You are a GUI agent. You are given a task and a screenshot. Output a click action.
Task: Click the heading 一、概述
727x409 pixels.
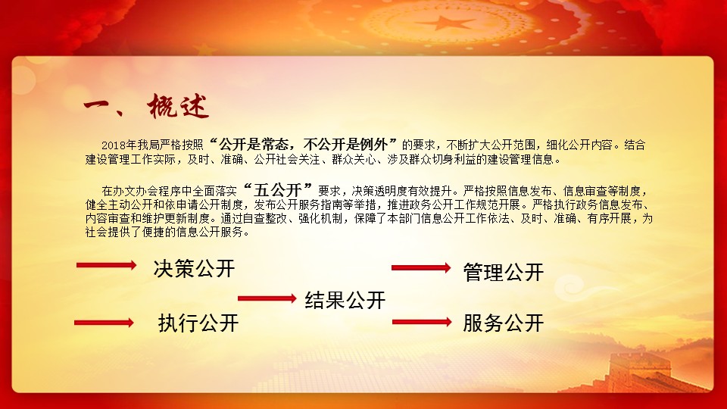146,107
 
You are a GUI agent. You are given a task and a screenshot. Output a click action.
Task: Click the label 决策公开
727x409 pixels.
195,268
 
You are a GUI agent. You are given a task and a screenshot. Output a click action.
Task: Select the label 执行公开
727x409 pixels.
198,323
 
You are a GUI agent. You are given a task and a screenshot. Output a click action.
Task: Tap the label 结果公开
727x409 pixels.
345,300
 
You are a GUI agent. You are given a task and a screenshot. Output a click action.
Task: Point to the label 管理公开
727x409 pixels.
504,272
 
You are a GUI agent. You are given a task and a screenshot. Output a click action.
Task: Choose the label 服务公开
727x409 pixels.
504,323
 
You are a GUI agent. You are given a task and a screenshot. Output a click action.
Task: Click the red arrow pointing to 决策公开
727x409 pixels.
107,265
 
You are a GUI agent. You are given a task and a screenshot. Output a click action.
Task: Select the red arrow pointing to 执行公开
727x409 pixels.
104,323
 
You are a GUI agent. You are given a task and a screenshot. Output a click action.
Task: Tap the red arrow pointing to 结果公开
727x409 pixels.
267,298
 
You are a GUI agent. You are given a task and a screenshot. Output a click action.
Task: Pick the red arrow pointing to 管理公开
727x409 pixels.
421,267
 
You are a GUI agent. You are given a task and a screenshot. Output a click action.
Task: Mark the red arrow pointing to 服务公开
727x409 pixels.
422,322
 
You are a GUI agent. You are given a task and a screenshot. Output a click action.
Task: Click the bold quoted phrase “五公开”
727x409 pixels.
278,189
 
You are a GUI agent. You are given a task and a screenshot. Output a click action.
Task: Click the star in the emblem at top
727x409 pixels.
445,22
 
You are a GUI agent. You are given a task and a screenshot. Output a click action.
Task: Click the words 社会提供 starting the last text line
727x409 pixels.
108,232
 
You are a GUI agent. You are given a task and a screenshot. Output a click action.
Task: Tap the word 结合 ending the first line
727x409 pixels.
635,145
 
